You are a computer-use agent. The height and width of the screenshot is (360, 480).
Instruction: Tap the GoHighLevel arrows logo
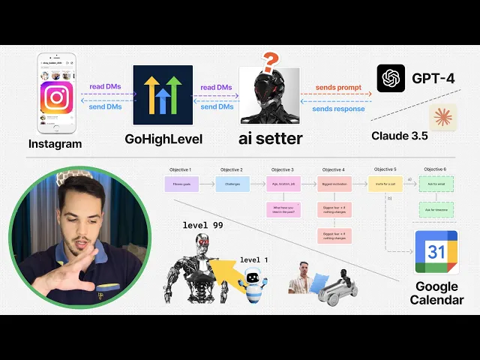pyautogui.click(x=163, y=94)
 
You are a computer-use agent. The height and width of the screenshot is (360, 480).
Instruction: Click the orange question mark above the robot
pyautogui.click(x=271, y=61)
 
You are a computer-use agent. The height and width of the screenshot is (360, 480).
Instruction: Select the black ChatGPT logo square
pyautogui.click(x=391, y=78)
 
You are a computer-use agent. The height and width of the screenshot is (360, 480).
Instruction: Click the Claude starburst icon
pyautogui.click(x=442, y=118)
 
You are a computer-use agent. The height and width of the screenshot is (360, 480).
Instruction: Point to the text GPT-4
pyautogui.click(x=433, y=78)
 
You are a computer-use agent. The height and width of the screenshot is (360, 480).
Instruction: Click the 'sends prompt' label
pyautogui.click(x=337, y=88)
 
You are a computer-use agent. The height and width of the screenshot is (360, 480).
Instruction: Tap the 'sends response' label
pyautogui.click(x=337, y=109)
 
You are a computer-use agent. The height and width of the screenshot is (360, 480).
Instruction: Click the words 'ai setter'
pyautogui.click(x=270, y=138)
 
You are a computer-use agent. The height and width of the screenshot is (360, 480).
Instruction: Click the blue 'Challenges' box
pyautogui.click(x=230, y=183)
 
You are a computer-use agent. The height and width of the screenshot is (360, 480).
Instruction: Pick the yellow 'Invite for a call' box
pyautogui.click(x=384, y=183)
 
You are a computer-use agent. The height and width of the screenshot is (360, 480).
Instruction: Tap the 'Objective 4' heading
pyautogui.click(x=332, y=170)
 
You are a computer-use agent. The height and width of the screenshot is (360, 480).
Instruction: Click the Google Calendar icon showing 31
pyautogui.click(x=436, y=253)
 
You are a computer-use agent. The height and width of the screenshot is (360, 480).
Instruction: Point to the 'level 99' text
pyautogui.click(x=202, y=225)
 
